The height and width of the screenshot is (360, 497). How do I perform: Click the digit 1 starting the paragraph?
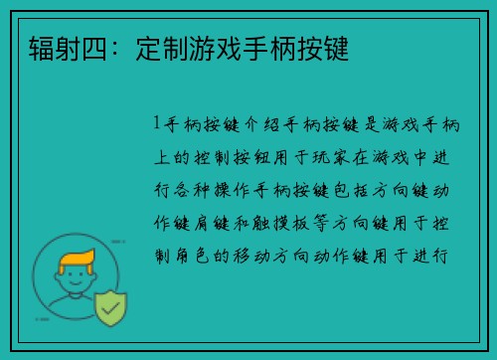157,125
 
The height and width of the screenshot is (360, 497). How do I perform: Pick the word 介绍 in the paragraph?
255,125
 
